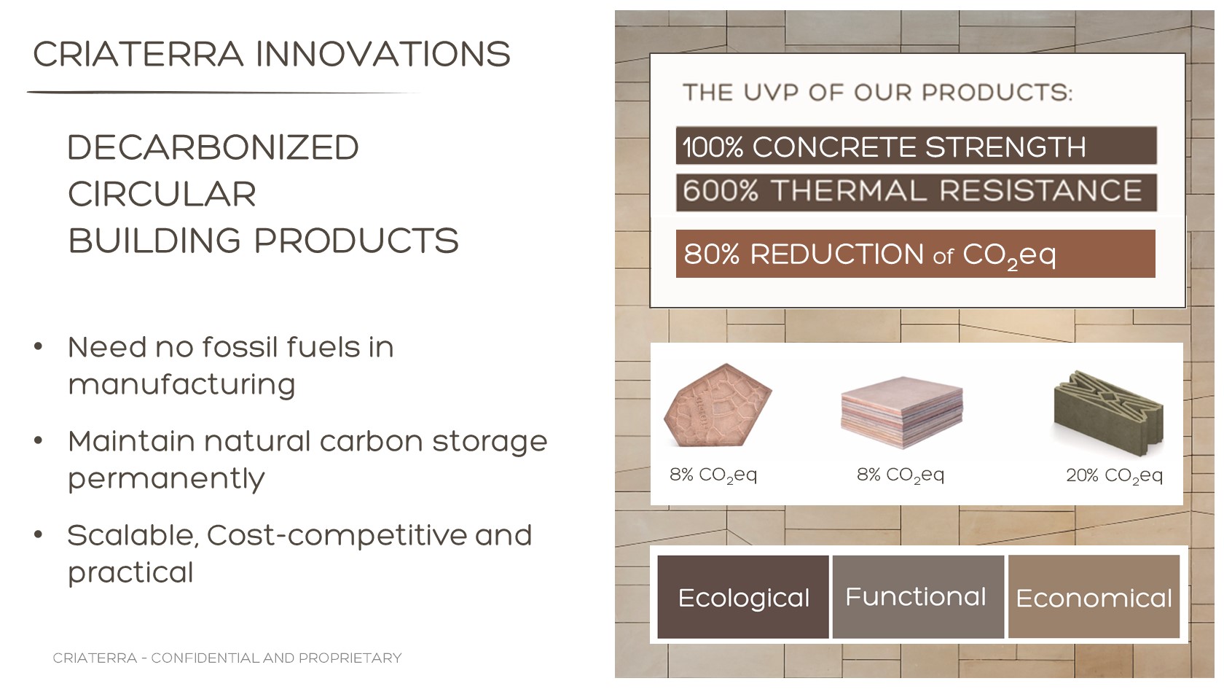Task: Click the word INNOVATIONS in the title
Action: (x=383, y=54)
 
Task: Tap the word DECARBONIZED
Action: (x=213, y=147)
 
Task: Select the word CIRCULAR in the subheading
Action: (x=162, y=194)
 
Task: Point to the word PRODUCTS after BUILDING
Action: (x=356, y=241)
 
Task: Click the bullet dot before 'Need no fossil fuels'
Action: (x=38, y=346)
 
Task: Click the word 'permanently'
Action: (x=166, y=479)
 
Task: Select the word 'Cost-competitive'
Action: (x=336, y=535)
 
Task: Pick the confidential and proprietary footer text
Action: (x=227, y=658)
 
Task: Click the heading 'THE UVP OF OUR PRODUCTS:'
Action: (x=878, y=93)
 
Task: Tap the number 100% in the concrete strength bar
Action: (x=713, y=147)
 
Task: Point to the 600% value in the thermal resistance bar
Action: (x=721, y=191)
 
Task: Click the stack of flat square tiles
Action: (x=902, y=413)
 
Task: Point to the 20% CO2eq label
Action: (x=1115, y=475)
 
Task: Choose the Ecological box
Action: (x=743, y=597)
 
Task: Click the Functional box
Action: (x=919, y=597)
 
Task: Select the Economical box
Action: (x=1094, y=597)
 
